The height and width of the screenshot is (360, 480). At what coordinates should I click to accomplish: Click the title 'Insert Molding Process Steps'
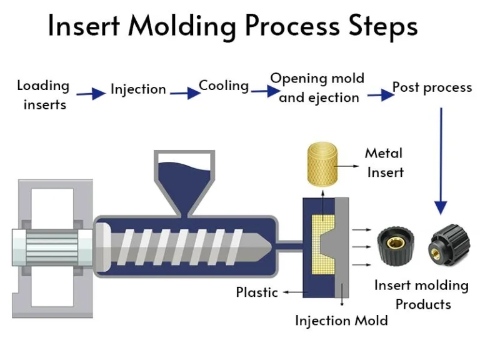point(232,27)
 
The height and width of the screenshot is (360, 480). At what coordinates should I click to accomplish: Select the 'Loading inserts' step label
point(43,94)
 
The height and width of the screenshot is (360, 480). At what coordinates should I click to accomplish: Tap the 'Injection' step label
point(138,89)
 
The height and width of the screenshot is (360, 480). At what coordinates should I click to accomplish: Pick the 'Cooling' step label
point(224,86)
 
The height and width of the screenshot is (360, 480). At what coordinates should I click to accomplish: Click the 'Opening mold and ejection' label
point(317,87)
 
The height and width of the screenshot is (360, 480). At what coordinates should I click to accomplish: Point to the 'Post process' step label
point(432,87)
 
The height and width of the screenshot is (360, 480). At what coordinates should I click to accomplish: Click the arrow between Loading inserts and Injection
point(91,94)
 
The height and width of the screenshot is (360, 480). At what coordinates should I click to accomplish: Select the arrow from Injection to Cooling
point(184,93)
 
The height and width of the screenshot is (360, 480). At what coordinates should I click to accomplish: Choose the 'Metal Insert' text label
point(384,162)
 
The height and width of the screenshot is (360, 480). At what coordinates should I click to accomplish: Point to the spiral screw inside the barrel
point(187,245)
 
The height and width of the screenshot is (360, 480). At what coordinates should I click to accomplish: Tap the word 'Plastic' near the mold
point(256,292)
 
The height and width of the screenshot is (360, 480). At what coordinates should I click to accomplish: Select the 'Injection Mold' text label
point(341,321)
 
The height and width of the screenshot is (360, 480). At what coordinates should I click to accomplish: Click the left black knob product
point(396,246)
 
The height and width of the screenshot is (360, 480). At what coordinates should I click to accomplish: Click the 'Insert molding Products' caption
point(422,295)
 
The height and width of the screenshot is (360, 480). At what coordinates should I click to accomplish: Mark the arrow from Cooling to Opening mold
point(265,91)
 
